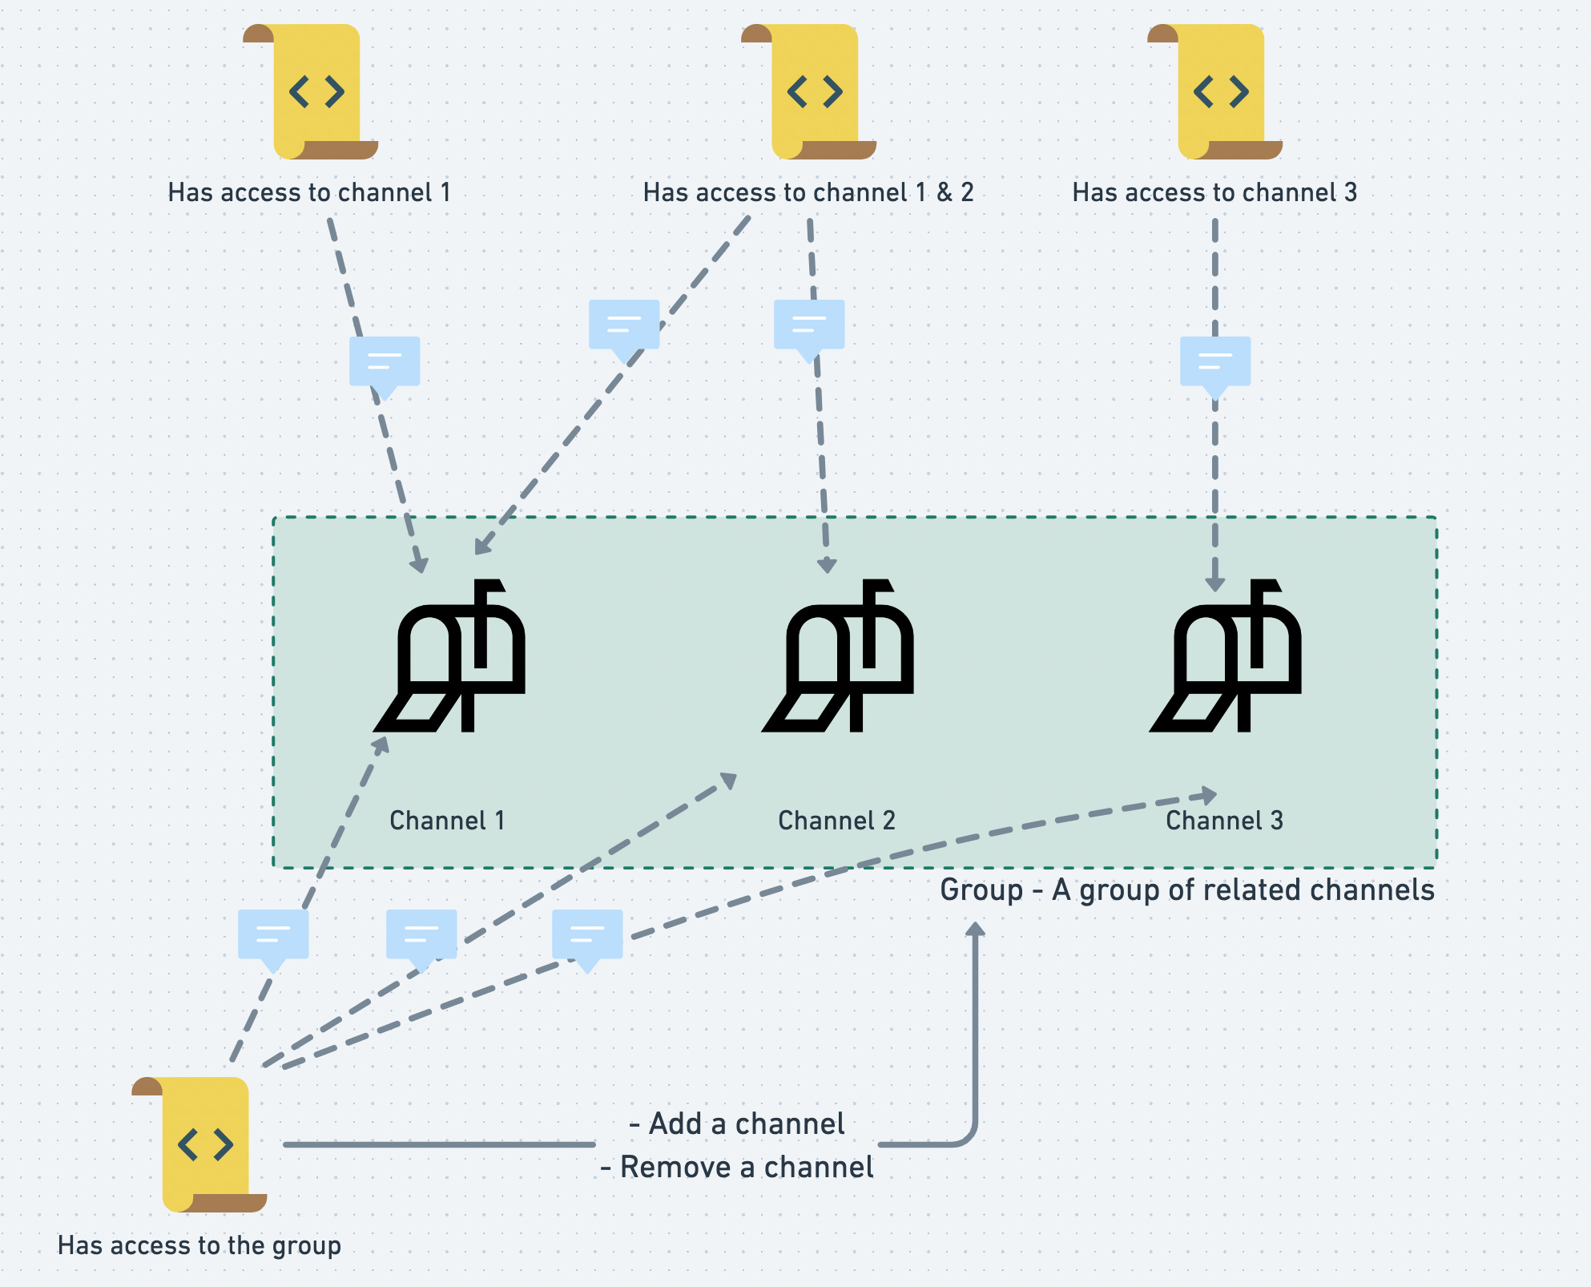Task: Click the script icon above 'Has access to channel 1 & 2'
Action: click(811, 92)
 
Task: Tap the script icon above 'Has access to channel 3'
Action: click(1217, 92)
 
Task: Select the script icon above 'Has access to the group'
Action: click(201, 1144)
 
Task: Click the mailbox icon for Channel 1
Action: click(451, 657)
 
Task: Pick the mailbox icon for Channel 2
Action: click(839, 657)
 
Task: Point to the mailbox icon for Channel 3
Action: click(1226, 657)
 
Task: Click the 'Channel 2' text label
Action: click(836, 821)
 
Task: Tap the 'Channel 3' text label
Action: click(1224, 821)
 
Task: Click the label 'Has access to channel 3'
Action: click(1214, 192)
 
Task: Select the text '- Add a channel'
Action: click(737, 1124)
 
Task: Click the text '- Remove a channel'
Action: click(737, 1167)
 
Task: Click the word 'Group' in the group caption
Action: click(981, 890)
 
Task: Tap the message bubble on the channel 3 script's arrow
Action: click(1215, 363)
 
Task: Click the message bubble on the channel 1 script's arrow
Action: click(385, 363)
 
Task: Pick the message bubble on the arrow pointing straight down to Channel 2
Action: click(809, 326)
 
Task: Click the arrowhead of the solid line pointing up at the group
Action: click(975, 930)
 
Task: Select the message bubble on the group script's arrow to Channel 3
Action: click(587, 935)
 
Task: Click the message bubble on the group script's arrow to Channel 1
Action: click(273, 935)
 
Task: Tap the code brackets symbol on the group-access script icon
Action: click(205, 1144)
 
